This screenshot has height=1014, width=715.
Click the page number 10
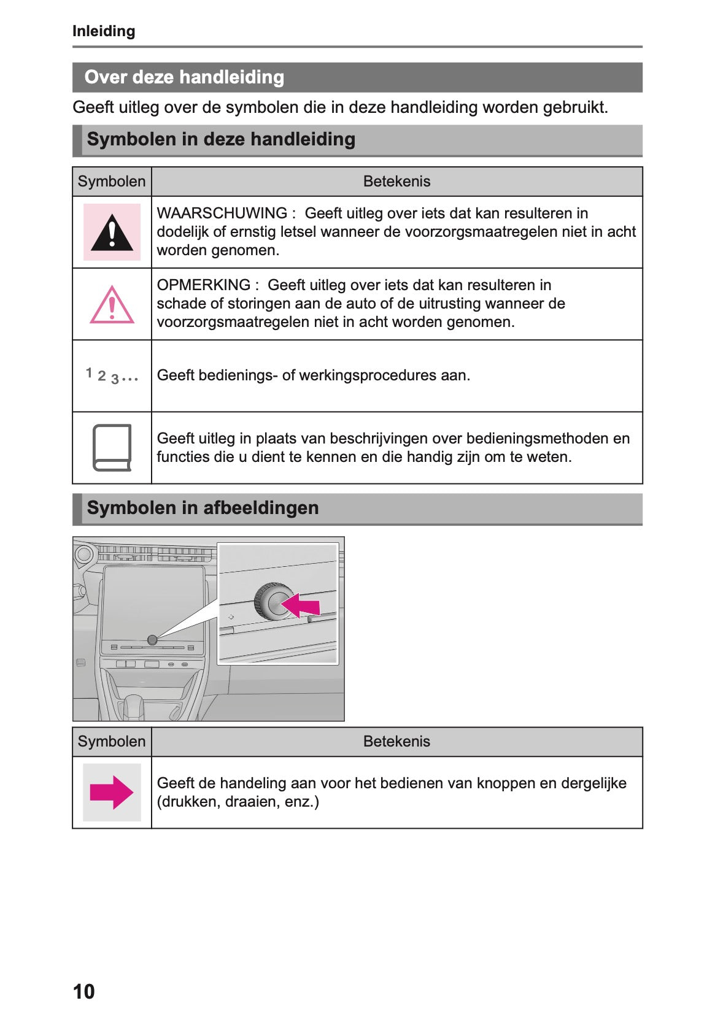(83, 991)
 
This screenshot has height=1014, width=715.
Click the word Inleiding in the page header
(104, 31)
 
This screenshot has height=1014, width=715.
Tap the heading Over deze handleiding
(184, 77)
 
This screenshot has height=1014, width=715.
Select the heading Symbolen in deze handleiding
(221, 139)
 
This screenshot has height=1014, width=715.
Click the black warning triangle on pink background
(112, 232)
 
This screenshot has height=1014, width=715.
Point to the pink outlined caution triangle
(112, 305)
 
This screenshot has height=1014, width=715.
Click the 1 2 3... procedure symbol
(112, 375)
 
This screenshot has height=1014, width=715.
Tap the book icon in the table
(112, 448)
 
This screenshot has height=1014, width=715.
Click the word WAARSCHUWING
(222, 213)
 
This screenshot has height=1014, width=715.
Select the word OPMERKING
(203, 285)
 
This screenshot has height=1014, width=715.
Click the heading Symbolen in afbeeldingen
(203, 508)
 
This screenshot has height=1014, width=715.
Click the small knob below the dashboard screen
(152, 640)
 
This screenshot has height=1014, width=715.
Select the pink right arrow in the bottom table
(111, 793)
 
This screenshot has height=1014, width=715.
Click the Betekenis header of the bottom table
(396, 742)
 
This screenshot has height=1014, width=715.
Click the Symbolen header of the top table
(112, 182)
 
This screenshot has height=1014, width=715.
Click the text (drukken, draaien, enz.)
(238, 802)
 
